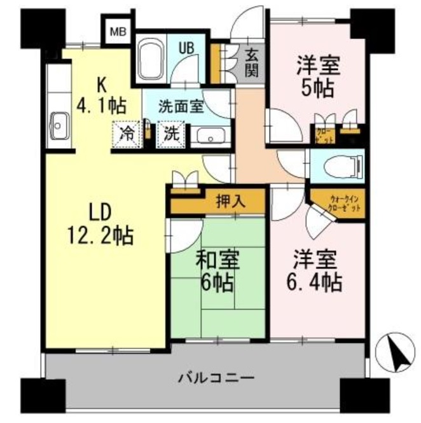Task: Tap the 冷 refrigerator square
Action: click(x=128, y=134)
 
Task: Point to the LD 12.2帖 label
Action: click(x=100, y=225)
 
